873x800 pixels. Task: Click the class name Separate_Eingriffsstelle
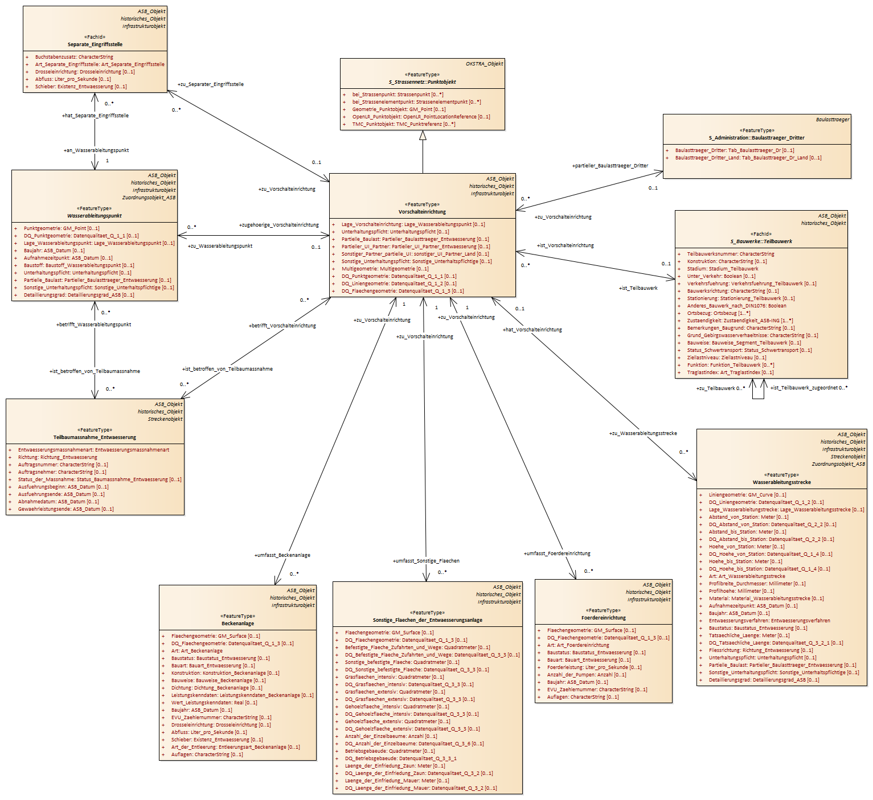coord(95,44)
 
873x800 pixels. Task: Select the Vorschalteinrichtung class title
coord(422,212)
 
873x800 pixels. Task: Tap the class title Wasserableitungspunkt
coord(95,216)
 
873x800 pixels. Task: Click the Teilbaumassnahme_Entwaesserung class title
coord(95,437)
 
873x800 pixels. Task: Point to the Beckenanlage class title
coord(237,623)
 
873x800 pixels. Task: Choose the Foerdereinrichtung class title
coord(604,618)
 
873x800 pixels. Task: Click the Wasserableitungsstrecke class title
coord(782,483)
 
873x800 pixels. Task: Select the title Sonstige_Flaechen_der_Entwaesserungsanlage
coord(427,620)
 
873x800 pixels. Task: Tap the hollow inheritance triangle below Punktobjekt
coord(423,136)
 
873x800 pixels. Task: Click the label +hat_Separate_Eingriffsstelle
coord(95,116)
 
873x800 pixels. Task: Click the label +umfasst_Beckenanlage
coord(282,555)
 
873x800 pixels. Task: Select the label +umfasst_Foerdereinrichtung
coord(557,553)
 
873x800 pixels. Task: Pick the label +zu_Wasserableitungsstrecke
coord(643,433)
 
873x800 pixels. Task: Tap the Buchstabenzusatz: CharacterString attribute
coord(74,57)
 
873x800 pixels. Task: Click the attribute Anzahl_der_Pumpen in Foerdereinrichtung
coord(587,675)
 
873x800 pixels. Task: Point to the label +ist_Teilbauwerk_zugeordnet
coord(804,388)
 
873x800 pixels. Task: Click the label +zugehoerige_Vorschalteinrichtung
coord(278,225)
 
